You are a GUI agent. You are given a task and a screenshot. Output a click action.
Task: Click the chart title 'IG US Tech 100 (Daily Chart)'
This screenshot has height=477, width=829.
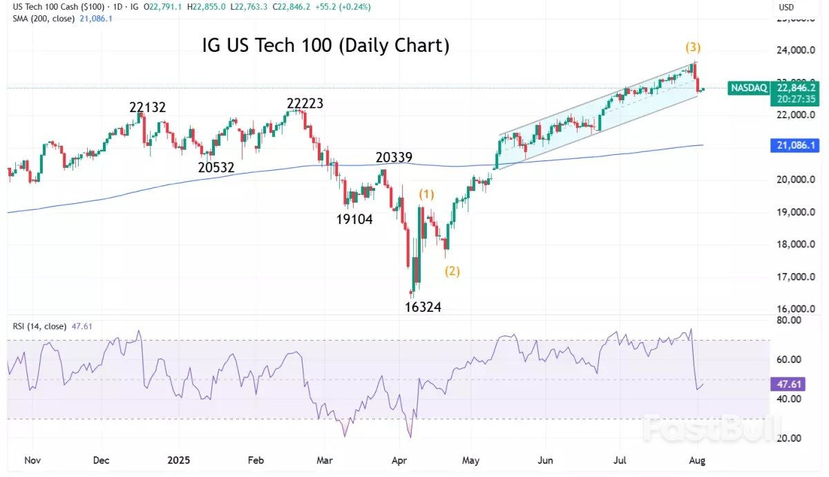pos(325,46)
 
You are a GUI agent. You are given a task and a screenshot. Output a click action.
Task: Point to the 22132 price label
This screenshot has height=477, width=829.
pos(148,108)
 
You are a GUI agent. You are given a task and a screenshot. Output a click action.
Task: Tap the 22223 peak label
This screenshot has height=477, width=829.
pos(305,104)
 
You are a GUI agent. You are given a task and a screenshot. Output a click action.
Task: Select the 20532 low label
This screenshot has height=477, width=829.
pos(216,167)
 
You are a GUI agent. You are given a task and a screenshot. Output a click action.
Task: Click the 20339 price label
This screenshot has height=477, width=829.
pos(394,158)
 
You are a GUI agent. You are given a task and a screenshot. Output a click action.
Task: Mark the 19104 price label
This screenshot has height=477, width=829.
pos(354,220)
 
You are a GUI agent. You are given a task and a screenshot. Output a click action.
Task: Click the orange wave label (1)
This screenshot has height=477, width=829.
pos(427,194)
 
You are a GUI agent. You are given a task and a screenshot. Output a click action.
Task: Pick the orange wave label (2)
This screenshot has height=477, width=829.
pos(452,271)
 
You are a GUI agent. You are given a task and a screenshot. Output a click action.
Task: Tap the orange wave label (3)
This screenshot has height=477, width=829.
pos(693,48)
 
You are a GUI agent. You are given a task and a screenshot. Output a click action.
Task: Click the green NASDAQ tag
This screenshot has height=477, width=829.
pos(748,88)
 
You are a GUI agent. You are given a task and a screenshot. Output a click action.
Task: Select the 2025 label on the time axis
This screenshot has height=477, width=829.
pos(178,459)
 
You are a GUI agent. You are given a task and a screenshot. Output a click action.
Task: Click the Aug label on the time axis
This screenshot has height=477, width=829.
pos(698,459)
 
